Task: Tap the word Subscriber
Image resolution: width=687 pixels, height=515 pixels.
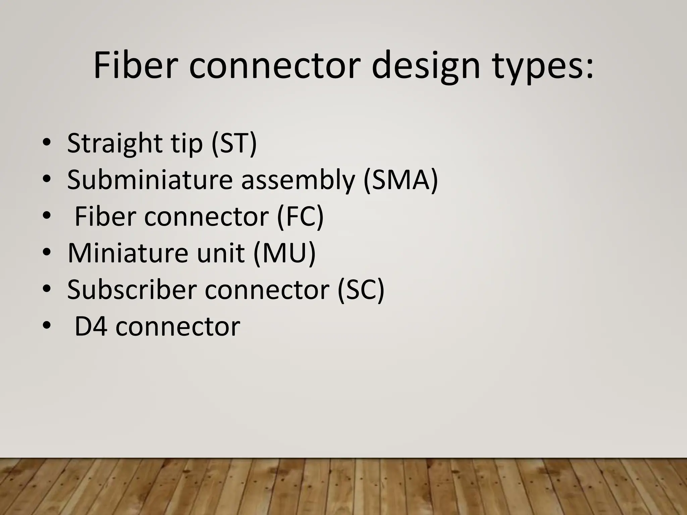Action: pos(131,290)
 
